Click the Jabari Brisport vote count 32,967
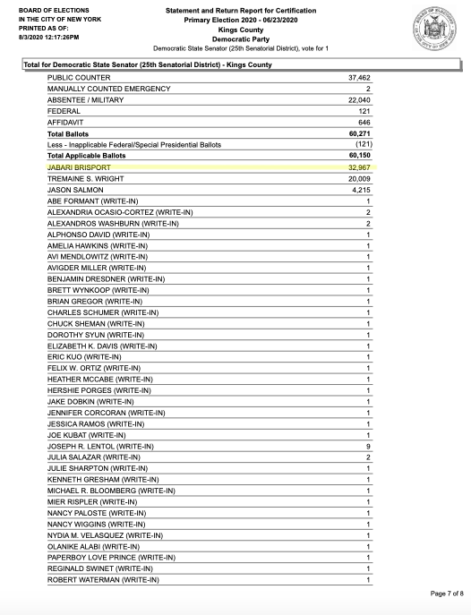pyautogui.click(x=358, y=167)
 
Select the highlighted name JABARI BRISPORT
pyautogui.click(x=78, y=167)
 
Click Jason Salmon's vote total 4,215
pyautogui.click(x=361, y=189)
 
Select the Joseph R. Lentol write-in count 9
pyautogui.click(x=368, y=445)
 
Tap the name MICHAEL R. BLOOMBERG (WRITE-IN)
pyautogui.click(x=111, y=490)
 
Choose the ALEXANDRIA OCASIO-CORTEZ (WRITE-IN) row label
pyautogui.click(x=120, y=211)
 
